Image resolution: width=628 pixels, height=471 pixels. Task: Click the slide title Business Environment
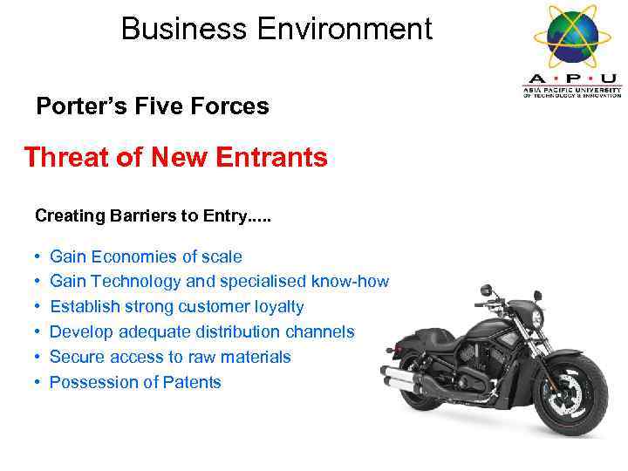pyautogui.click(x=276, y=29)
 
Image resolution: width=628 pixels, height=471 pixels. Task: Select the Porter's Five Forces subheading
pyautogui.click(x=152, y=106)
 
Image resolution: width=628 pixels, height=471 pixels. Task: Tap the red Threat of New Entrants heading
pyautogui.click(x=175, y=158)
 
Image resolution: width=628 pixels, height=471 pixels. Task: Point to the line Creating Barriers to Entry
pyautogui.click(x=153, y=215)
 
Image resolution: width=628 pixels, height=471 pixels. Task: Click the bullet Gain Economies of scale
pyautogui.click(x=146, y=256)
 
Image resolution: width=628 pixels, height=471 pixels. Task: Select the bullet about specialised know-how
pyautogui.click(x=219, y=282)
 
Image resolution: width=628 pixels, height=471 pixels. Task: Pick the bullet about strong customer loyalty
pyautogui.click(x=177, y=307)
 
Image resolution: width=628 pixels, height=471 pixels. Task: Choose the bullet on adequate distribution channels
pyautogui.click(x=201, y=331)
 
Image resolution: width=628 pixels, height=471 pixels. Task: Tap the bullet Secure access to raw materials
pyautogui.click(x=170, y=357)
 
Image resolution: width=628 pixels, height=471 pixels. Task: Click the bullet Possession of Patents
pyautogui.click(x=135, y=382)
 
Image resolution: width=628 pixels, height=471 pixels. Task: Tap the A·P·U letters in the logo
pyautogui.click(x=572, y=78)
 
